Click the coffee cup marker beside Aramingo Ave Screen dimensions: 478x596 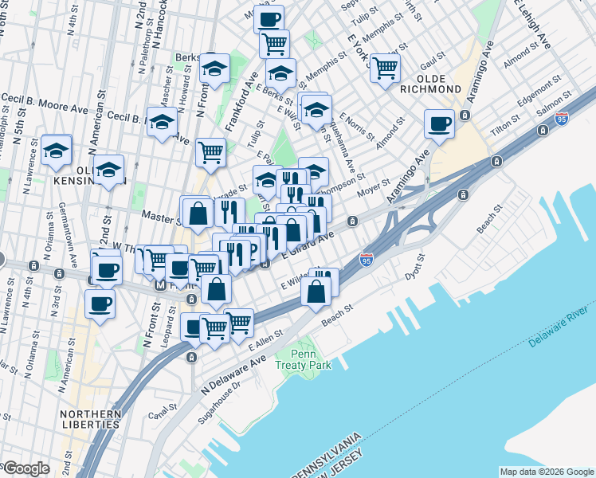click(439, 123)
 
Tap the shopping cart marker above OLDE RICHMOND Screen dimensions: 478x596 click(385, 68)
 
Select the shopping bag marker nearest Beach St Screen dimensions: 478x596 click(316, 292)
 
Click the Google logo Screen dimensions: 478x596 click(26, 468)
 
